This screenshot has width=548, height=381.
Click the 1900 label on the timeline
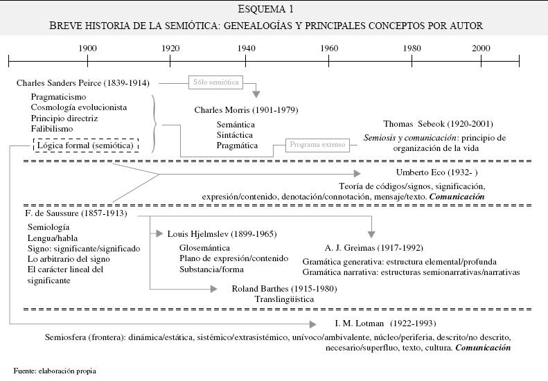(87, 48)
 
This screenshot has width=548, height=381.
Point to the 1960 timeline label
(329, 48)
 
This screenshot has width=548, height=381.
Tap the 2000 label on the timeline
(481, 48)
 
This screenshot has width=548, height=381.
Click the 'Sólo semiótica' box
(216, 82)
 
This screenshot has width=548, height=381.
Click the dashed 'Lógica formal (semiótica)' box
(87, 145)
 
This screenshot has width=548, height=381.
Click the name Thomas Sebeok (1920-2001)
(438, 124)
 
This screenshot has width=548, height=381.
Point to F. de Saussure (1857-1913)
(75, 213)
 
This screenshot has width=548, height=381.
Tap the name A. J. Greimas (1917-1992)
(373, 247)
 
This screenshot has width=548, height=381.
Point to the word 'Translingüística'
(284, 299)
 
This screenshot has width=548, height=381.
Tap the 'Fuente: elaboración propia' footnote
(55, 371)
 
